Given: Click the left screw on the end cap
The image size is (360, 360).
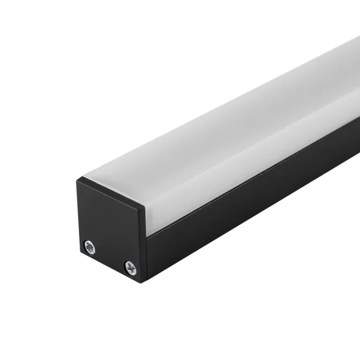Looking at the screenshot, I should (x=90, y=246).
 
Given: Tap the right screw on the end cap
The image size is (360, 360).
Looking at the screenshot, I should (x=130, y=265).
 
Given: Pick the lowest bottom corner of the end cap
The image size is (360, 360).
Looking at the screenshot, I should (x=142, y=281).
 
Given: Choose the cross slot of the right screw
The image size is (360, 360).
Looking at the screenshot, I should (x=130, y=265).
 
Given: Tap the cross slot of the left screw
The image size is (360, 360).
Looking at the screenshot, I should (x=90, y=246).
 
